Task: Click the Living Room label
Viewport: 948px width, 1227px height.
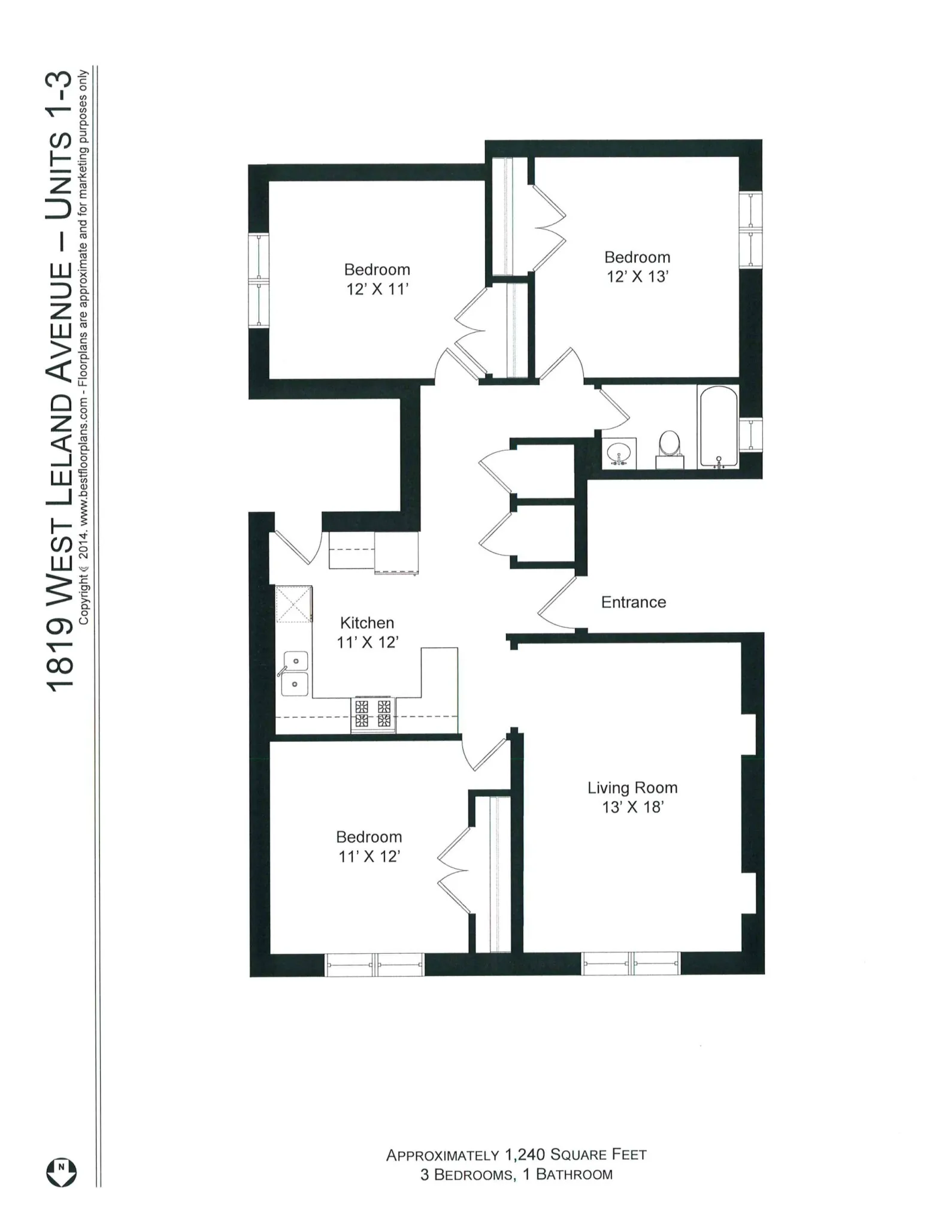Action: pos(632,788)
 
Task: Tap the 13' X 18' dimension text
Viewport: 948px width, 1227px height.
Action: pos(632,808)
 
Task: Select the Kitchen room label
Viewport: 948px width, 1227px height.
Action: pos(367,622)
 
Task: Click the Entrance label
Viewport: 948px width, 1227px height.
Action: pos(633,602)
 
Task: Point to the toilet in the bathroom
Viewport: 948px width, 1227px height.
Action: pos(669,450)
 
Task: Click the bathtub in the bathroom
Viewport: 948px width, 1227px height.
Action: pos(718,427)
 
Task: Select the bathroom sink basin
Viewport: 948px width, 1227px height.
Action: pos(618,453)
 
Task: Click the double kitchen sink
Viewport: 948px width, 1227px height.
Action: pos(295,673)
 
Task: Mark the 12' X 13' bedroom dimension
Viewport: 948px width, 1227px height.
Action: pos(637,277)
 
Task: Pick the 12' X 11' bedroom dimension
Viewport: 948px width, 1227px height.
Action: pos(377,289)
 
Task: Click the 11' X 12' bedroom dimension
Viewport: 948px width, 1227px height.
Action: pos(369,857)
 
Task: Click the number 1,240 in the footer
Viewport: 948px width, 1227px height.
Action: pos(524,1155)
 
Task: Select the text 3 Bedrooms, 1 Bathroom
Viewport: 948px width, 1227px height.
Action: pos(516,1174)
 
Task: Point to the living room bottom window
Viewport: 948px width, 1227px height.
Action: pos(631,963)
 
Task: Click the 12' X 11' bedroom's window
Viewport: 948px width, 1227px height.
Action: pos(258,280)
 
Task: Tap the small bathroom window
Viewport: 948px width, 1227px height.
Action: pos(750,434)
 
